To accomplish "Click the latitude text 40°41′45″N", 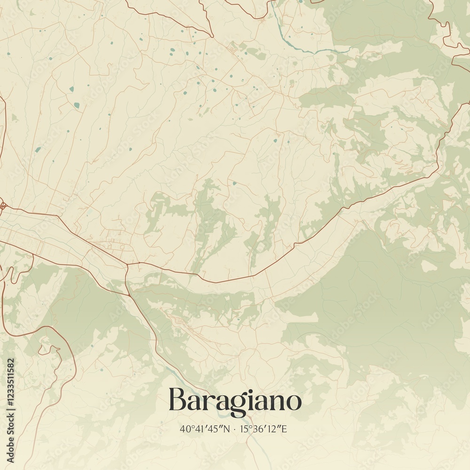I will (205, 429).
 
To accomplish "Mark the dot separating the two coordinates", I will (235, 429).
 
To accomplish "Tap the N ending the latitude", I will (227, 429).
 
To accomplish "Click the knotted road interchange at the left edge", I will (2, 205).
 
